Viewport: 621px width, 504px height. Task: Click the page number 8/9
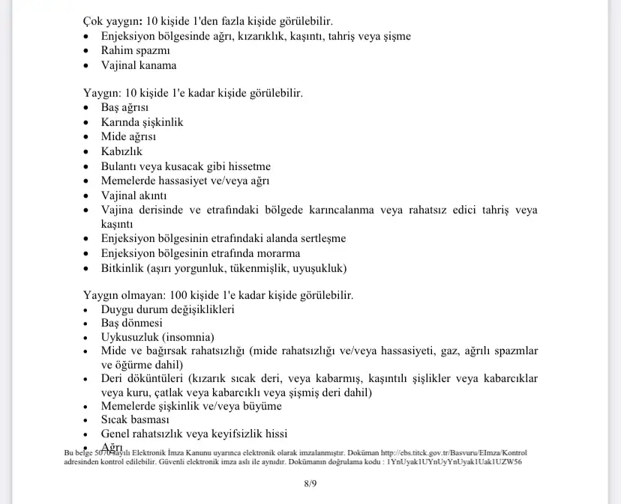click(310, 484)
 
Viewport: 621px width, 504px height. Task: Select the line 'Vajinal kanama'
click(139, 65)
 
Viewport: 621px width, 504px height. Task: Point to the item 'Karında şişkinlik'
click(142, 122)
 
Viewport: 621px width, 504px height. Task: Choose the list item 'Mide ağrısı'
click(128, 136)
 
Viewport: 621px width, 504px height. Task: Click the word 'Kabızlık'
click(121, 151)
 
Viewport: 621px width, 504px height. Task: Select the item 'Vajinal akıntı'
click(133, 195)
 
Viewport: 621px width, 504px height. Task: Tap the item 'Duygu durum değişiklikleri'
click(168, 309)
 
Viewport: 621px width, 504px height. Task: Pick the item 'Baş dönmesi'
click(131, 324)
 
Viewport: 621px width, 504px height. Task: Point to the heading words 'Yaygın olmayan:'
click(124, 295)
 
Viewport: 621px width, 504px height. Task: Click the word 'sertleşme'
click(320, 239)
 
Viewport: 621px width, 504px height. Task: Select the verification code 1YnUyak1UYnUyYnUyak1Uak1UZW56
click(454, 462)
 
